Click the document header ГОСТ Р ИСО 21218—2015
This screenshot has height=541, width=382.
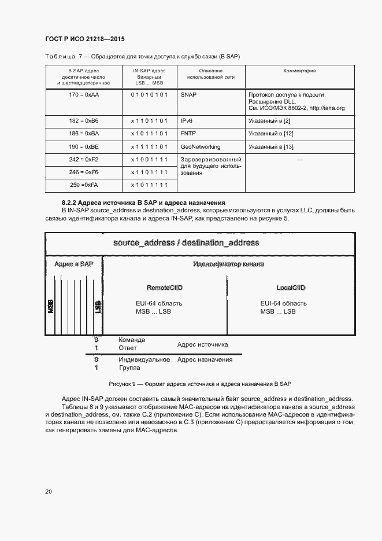pos(84,39)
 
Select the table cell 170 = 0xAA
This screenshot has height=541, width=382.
pos(84,94)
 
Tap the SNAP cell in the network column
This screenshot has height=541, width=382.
pos(189,94)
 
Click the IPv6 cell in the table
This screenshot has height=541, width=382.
pos(187,121)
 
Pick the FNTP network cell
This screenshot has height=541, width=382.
pos(188,134)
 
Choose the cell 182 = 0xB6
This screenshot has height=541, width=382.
pos(84,121)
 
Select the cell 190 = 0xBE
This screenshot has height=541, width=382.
pos(84,146)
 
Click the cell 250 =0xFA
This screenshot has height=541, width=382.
pos(84,185)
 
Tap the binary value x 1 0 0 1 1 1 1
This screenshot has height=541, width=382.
pos(149,159)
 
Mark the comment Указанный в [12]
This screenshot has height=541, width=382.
pos(271,134)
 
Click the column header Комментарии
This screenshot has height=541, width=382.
pos(299,71)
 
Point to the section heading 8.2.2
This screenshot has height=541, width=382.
pos(143,203)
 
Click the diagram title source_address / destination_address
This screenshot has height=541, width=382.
pos(186,242)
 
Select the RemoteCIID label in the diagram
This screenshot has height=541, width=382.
pos(165,288)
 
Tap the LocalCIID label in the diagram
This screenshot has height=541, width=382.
pos(291,288)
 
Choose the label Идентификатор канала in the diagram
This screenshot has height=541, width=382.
pos(228,264)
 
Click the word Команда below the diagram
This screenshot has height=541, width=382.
pos(132,340)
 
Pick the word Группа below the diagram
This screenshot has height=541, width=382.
pos(130,368)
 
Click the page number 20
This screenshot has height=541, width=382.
pos(49,492)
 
